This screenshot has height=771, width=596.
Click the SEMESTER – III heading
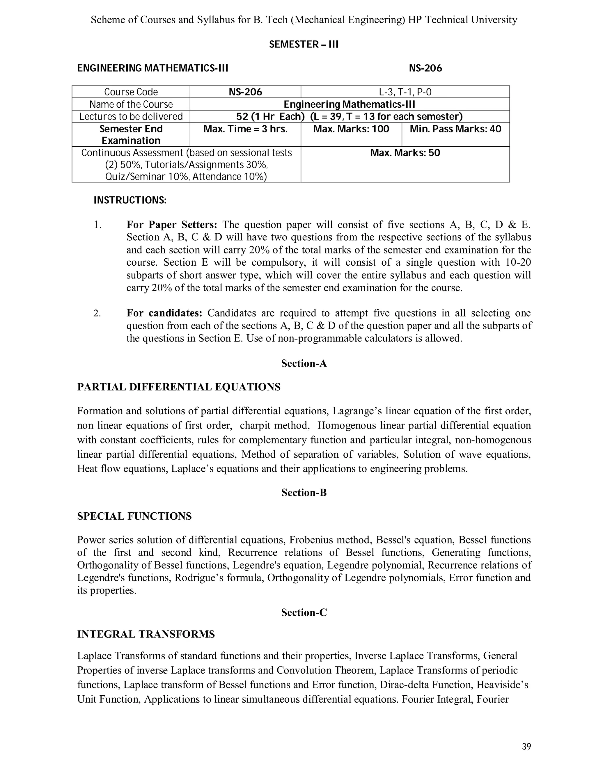tap(304, 45)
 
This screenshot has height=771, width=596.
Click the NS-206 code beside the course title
tap(425, 68)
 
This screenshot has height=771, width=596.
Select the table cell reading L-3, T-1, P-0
tap(405, 92)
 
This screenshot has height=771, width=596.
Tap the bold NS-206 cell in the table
tap(245, 92)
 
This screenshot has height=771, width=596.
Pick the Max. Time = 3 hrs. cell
tap(245, 129)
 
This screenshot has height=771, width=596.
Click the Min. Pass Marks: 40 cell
tap(455, 129)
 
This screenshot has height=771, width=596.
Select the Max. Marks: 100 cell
tap(351, 129)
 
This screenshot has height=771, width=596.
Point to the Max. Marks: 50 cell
tap(405, 153)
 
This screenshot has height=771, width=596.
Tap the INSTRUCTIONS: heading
tap(130, 200)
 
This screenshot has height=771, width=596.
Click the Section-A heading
tap(304, 364)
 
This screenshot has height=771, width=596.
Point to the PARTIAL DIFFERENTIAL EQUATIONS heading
tap(179, 387)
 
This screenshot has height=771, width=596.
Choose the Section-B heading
tap(304, 493)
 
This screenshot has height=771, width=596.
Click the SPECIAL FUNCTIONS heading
tap(134, 516)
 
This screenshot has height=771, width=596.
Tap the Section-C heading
tap(304, 612)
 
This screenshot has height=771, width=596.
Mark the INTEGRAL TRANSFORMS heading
tap(146, 634)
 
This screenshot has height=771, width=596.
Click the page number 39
tap(526, 747)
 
